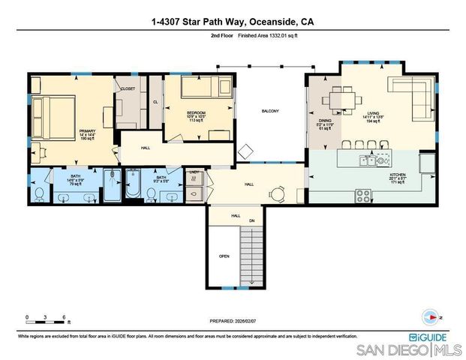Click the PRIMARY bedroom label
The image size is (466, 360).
pyautogui.click(x=88, y=131)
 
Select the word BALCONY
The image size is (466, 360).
pyautogui.click(x=270, y=112)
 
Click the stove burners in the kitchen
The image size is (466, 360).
pyautogui.click(x=364, y=194)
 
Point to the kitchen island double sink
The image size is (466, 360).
pyautogui.click(x=368, y=159)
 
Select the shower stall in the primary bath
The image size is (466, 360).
pyautogui.click(x=112, y=184)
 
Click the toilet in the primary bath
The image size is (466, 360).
pyautogui.click(x=40, y=193)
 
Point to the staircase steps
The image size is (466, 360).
pyautogui.click(x=251, y=250)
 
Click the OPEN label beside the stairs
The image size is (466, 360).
pyautogui.click(x=224, y=256)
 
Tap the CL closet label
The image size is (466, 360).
pyautogui.click(x=155, y=102)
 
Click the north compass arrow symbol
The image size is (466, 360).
pyautogui.click(x=431, y=316)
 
